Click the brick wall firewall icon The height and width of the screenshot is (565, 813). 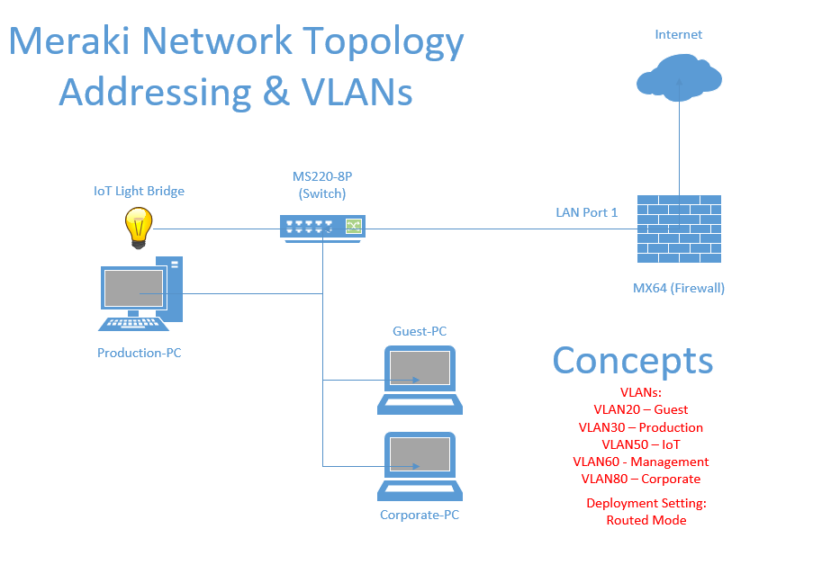pyautogui.click(x=679, y=229)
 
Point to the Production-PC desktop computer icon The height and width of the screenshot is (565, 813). pyautogui.click(x=140, y=293)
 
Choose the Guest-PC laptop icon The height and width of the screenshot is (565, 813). pyautogui.click(x=420, y=380)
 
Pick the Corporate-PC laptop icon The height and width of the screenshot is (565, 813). pyautogui.click(x=420, y=467)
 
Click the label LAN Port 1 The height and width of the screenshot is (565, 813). pyautogui.click(x=586, y=212)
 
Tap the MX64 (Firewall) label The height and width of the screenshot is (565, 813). pyautogui.click(x=679, y=288)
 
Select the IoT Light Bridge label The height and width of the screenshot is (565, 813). pyautogui.click(x=139, y=192)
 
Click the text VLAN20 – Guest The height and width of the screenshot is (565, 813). pyautogui.click(x=641, y=409)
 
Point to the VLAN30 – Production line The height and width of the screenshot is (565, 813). pyautogui.click(x=641, y=427)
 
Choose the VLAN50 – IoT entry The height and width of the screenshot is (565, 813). pyautogui.click(x=641, y=444)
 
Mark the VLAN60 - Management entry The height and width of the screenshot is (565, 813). pyautogui.click(x=641, y=462)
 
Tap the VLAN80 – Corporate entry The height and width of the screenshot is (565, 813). pyautogui.click(x=641, y=479)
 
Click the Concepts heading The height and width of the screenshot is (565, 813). pyautogui.click(x=633, y=362)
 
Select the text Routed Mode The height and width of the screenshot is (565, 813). pyautogui.click(x=646, y=520)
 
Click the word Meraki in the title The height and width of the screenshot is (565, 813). pyautogui.click(x=70, y=40)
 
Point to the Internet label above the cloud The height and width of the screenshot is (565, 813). pyautogui.click(x=679, y=35)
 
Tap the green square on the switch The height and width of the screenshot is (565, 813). pyautogui.click(x=354, y=226)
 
